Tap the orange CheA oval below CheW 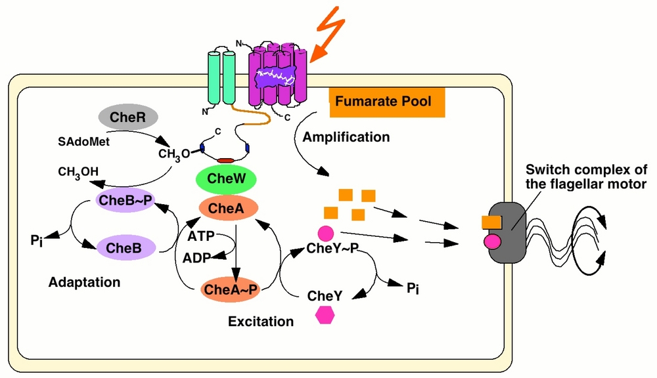(226, 209)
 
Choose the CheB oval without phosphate (125, 247)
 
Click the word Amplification (346, 137)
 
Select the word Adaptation (84, 283)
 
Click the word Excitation (261, 322)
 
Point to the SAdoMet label (81, 141)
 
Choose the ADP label (197, 257)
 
